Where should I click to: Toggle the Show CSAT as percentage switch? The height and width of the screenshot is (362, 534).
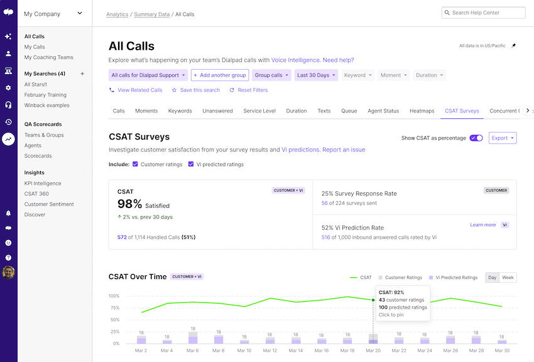tap(476, 138)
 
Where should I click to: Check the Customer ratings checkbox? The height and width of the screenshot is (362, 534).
tap(135, 165)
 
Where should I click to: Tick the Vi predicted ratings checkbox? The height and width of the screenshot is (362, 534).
tap(191, 165)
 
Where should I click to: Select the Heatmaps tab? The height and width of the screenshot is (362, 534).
tap(422, 111)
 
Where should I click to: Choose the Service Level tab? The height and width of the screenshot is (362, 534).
tap(259, 111)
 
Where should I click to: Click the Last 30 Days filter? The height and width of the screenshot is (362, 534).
tap(317, 75)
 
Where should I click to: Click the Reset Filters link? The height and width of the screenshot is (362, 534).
tap(249, 90)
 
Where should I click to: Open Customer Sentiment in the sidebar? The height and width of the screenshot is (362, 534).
tap(49, 204)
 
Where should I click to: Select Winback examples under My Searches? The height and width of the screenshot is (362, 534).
tap(46, 106)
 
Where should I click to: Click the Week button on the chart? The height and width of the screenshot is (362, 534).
tap(508, 277)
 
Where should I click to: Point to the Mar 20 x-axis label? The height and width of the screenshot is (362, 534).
tap(373, 351)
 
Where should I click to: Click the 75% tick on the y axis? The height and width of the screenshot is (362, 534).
tap(114, 308)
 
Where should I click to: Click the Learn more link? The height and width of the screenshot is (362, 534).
tap(482, 224)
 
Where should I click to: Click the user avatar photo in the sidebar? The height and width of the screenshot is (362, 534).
tap(8, 272)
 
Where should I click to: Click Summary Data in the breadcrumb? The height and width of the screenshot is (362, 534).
tap(151, 14)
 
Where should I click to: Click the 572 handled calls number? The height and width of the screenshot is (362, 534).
tap(122, 238)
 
